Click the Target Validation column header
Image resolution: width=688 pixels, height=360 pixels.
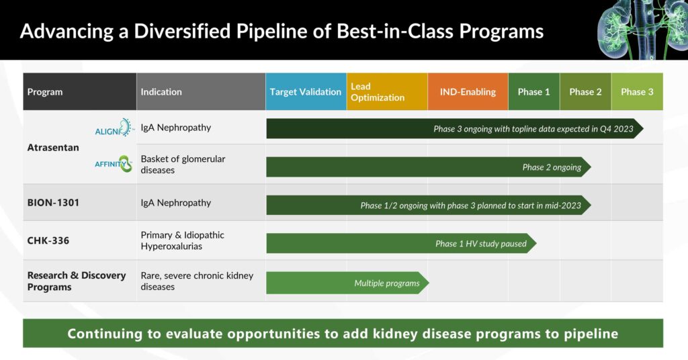(x=306, y=91)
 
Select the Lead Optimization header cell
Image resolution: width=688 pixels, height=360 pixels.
(x=387, y=91)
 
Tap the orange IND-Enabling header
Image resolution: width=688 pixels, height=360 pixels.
(x=468, y=91)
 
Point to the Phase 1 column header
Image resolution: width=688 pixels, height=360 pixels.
(x=534, y=91)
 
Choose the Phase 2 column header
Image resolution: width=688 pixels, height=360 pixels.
(x=585, y=91)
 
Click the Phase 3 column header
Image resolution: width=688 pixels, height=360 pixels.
(x=637, y=91)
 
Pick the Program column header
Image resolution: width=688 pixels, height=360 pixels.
(x=79, y=91)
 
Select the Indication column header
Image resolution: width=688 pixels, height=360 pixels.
(x=201, y=91)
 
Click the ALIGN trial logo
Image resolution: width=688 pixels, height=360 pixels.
(x=113, y=128)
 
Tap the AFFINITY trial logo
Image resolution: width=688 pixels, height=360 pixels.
(x=113, y=164)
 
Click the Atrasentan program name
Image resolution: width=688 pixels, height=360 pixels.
(x=53, y=147)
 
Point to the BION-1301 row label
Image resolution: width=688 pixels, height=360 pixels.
(x=53, y=203)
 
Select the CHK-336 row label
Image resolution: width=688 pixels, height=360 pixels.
(x=48, y=240)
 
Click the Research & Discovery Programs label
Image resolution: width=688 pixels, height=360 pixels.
(x=77, y=281)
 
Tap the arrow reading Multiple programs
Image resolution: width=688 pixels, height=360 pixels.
(x=347, y=283)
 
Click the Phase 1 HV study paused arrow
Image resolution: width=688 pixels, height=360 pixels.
(x=402, y=243)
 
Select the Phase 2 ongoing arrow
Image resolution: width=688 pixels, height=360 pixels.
(x=429, y=167)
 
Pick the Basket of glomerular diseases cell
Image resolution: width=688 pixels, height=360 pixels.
(x=183, y=165)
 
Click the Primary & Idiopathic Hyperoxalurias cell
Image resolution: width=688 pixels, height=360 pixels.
(x=183, y=240)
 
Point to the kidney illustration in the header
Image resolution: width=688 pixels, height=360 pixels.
(x=642, y=30)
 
